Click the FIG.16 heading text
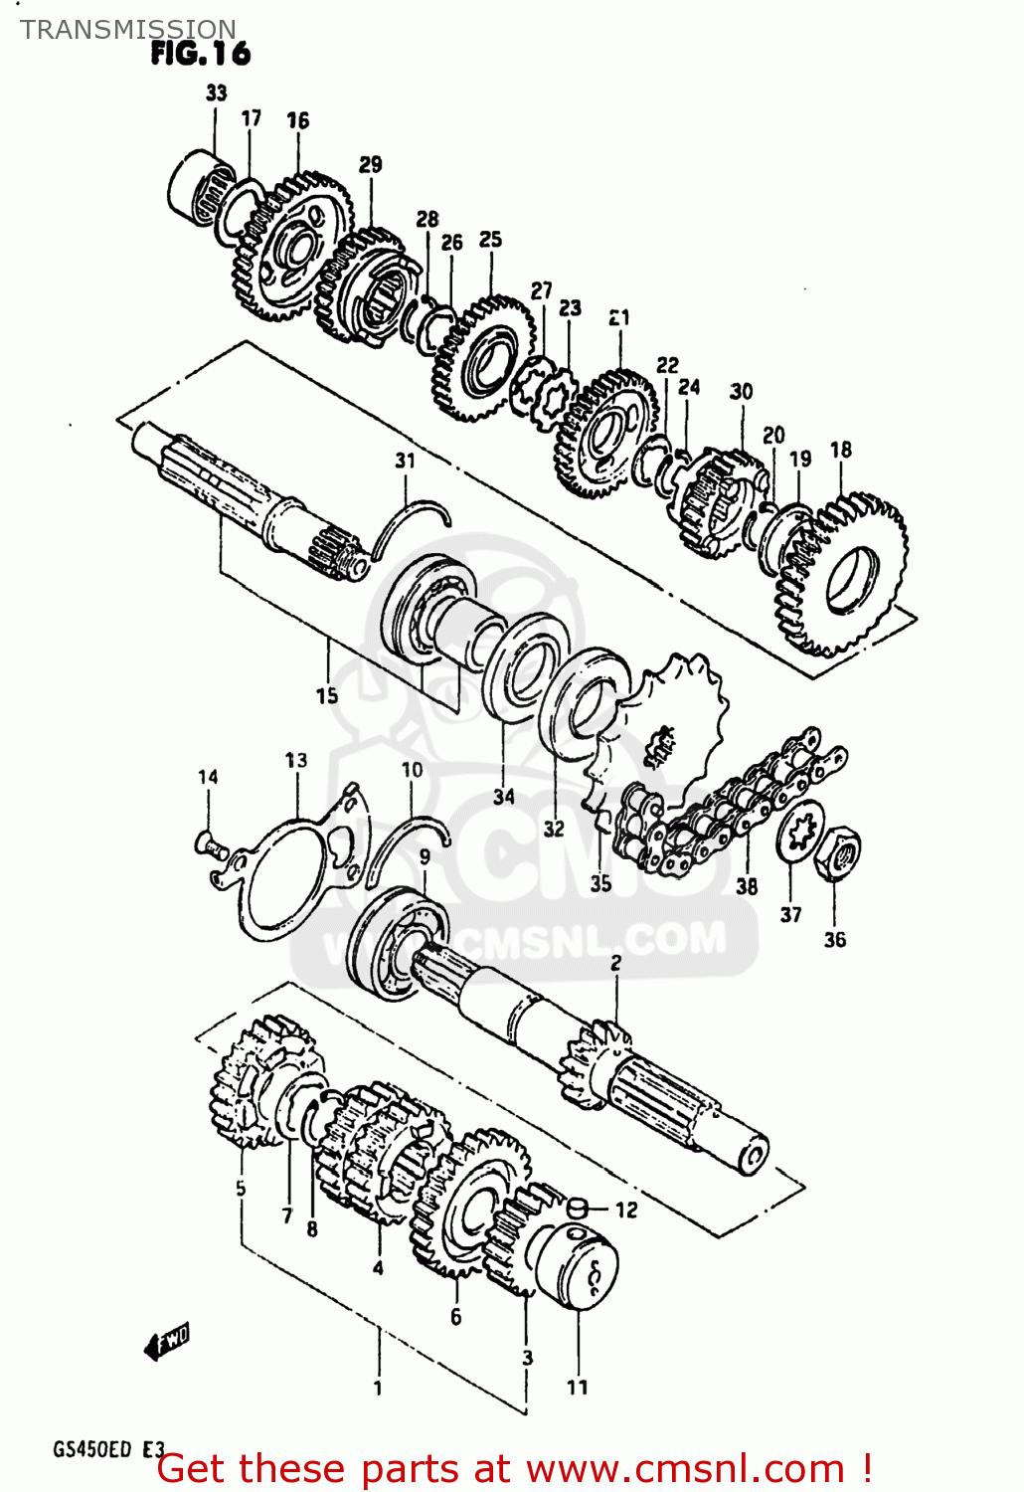[x=200, y=53]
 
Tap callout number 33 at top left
[x=216, y=93]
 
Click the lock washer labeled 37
[x=799, y=834]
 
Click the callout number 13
[x=295, y=760]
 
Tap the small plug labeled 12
[x=579, y=1209]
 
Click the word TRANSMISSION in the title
[x=127, y=29]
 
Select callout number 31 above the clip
[x=405, y=461]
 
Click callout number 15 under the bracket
[x=327, y=696]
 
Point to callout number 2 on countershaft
[x=615, y=962]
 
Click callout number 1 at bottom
[x=378, y=1388]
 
